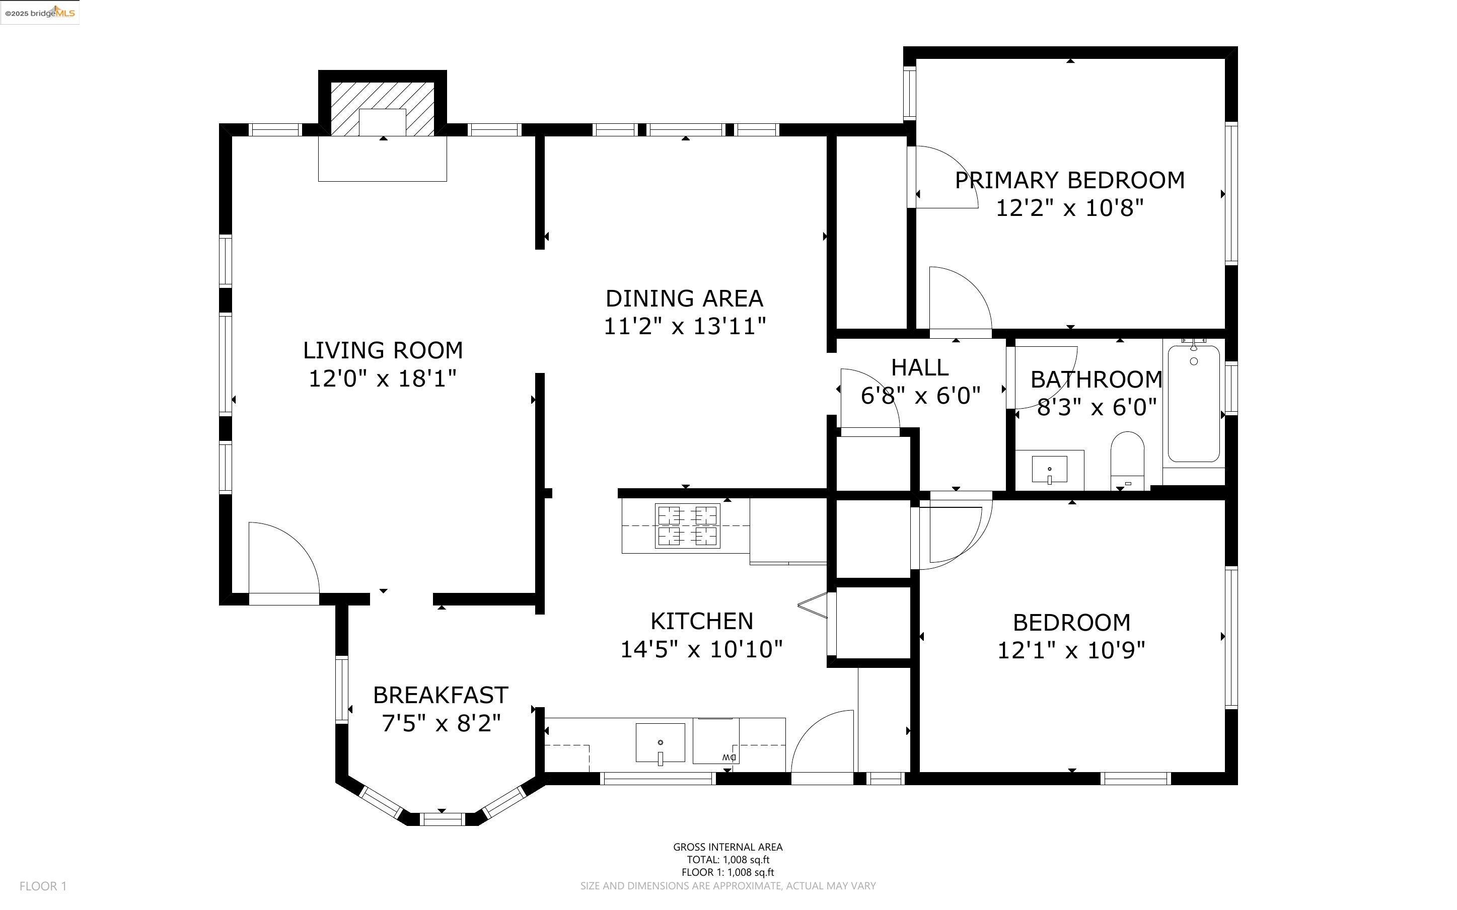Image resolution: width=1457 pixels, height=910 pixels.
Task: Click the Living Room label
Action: click(383, 350)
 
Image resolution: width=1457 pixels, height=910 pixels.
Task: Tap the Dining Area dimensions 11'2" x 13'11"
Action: click(685, 327)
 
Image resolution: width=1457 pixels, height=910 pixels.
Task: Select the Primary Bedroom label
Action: click(1070, 181)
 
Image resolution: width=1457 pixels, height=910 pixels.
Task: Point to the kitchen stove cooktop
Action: click(688, 525)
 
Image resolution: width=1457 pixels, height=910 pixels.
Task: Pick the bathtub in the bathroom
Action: click(1194, 404)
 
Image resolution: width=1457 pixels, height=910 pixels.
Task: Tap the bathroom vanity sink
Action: click(1050, 470)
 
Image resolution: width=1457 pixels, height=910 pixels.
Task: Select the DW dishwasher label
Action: click(730, 757)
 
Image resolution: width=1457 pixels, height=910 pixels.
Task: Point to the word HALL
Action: click(920, 367)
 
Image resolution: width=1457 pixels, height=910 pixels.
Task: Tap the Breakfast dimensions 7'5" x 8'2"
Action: click(441, 723)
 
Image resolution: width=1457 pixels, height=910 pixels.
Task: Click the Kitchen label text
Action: click(702, 621)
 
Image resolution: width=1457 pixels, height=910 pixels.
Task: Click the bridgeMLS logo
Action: click(40, 13)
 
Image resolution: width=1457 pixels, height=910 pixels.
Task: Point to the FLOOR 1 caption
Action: click(43, 886)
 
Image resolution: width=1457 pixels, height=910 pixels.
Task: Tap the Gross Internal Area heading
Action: click(727, 847)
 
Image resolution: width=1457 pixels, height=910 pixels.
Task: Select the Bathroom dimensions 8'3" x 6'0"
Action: click(1097, 408)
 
